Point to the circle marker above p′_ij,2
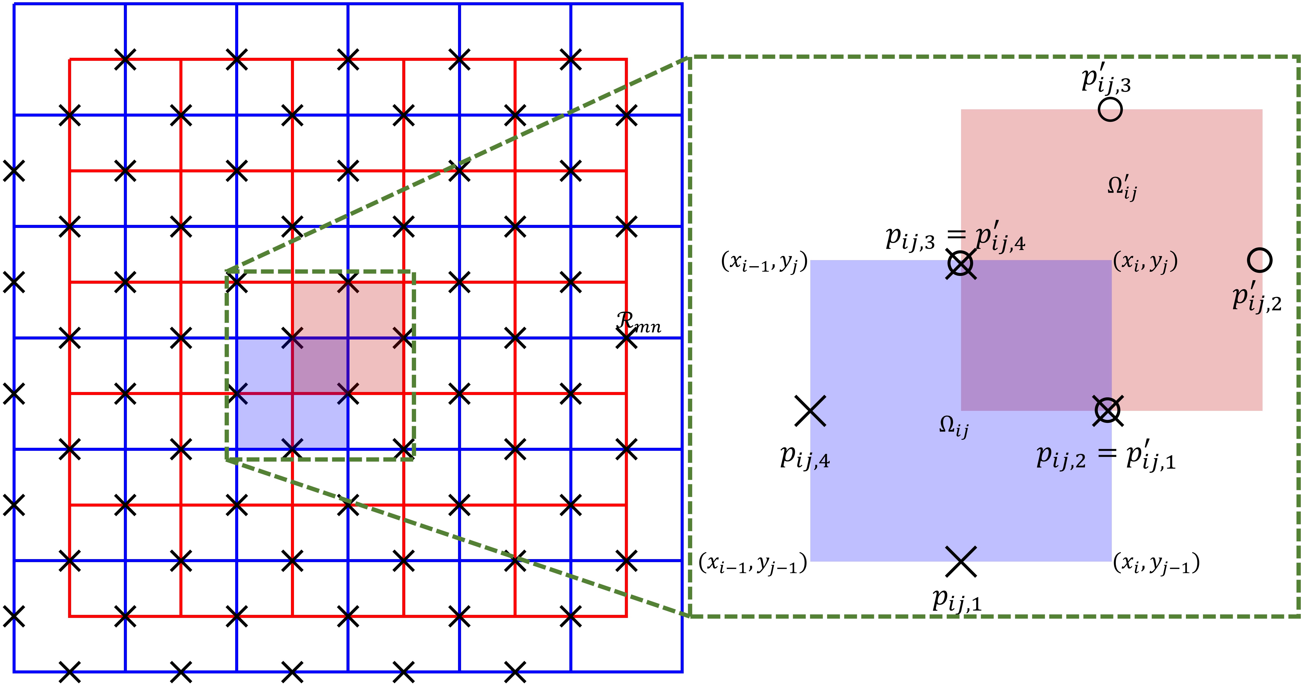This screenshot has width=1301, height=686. (1260, 260)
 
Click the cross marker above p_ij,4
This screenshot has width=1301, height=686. (810, 411)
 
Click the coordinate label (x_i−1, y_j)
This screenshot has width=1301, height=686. (764, 262)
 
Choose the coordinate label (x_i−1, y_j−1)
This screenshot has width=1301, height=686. (753, 563)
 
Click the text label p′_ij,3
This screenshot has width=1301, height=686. (1106, 81)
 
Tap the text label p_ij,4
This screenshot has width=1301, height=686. (805, 457)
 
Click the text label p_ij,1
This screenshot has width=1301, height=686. (957, 600)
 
